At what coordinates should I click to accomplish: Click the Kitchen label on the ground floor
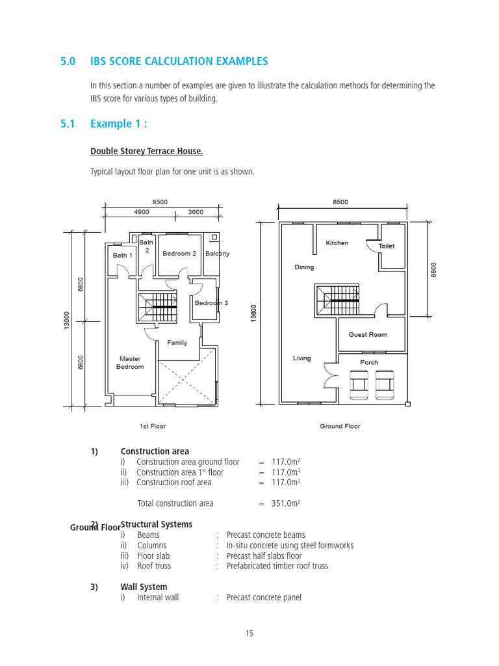337,243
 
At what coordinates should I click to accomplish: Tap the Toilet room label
386,246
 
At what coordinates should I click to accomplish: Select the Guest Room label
367,334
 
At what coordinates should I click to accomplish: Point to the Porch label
368,362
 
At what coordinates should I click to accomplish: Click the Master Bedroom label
130,363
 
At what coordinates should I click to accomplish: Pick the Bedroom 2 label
179,254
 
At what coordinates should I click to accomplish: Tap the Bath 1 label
122,256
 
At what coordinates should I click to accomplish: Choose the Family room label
177,343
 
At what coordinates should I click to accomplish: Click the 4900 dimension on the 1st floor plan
142,212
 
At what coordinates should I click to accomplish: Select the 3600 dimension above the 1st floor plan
196,212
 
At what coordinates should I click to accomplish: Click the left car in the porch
357,385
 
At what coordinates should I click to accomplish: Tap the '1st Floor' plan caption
153,427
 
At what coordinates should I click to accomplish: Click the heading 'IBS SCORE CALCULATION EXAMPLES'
179,62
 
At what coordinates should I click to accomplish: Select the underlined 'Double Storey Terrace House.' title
146,152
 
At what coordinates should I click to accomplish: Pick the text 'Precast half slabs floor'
264,556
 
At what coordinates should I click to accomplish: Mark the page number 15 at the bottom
249,635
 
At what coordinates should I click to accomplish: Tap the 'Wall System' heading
144,587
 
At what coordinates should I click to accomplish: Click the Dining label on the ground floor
303,267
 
